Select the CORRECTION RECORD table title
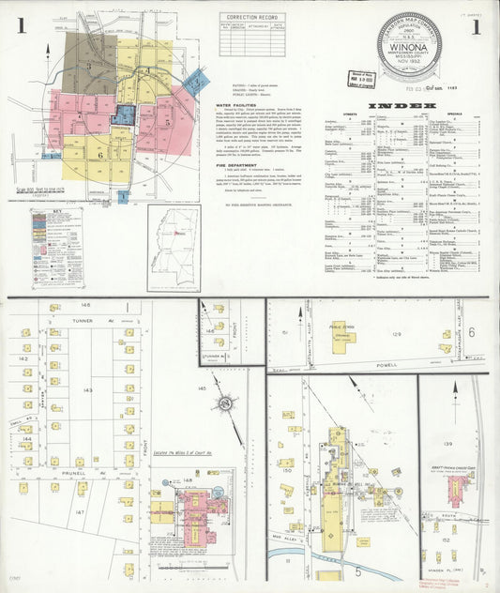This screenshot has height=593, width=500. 252,17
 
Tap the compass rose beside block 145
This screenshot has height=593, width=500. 225,404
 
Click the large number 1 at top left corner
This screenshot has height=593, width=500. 20,26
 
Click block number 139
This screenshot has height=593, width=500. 448,443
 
